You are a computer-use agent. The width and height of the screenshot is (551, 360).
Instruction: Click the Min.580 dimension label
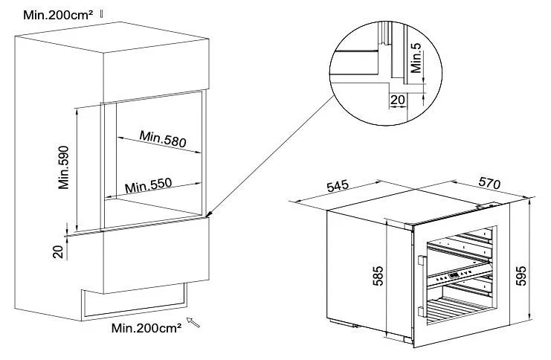tap(163, 139)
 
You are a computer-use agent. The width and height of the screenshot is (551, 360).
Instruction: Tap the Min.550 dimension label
tap(148, 185)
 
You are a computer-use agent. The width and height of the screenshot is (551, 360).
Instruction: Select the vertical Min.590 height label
tap(64, 167)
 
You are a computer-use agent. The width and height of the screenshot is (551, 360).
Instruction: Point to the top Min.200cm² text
tap(58, 15)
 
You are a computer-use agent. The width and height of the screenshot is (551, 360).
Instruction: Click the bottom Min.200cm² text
tap(146, 328)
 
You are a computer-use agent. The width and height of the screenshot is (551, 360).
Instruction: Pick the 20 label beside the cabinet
tap(58, 251)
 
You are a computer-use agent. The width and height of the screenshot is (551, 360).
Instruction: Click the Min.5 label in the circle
tap(416, 58)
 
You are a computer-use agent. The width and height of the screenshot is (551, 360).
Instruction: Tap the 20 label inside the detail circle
tap(397, 100)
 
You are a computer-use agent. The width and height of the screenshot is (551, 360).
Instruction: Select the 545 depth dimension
tap(338, 186)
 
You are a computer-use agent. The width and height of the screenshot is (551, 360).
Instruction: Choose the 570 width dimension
tap(489, 183)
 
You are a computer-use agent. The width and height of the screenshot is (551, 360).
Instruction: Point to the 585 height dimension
tap(378, 276)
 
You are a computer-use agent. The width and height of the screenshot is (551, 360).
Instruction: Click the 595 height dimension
tap(522, 275)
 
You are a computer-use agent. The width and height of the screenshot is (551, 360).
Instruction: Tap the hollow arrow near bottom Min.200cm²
tap(193, 322)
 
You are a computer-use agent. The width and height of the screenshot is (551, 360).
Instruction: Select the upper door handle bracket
tap(422, 260)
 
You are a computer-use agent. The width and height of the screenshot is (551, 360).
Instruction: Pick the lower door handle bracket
tap(422, 312)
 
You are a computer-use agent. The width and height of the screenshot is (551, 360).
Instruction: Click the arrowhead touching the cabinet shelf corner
tap(208, 214)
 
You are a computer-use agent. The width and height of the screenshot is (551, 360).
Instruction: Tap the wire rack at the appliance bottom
tap(457, 309)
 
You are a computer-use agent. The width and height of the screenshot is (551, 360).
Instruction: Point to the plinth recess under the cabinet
tap(135, 301)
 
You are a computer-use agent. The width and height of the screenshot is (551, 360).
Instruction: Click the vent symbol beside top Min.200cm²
tap(102, 13)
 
